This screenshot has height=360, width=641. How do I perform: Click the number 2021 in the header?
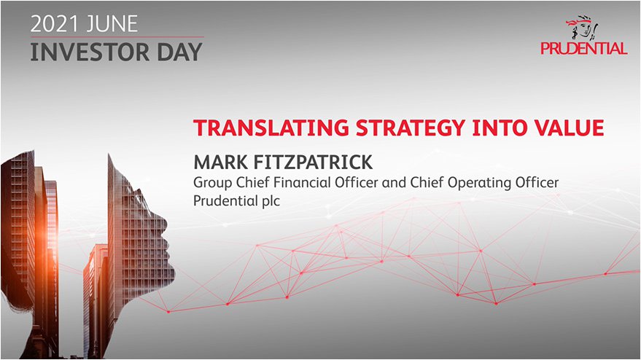(x=55, y=24)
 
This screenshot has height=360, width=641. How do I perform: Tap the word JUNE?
(x=112, y=24)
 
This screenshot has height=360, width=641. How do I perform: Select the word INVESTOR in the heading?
(x=90, y=52)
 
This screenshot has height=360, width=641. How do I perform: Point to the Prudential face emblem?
(x=582, y=28)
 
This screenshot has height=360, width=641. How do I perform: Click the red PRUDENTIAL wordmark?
(x=584, y=48)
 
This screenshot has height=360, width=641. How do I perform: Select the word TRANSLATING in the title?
(x=271, y=128)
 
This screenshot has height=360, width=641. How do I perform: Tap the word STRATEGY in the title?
(x=410, y=128)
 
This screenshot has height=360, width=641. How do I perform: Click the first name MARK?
(x=220, y=163)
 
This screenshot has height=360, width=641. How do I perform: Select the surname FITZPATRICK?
(x=313, y=163)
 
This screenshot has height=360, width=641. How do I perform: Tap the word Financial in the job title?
(x=302, y=182)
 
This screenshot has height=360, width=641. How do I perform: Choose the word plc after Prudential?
(x=270, y=201)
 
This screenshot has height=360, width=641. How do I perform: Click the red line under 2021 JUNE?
(x=117, y=37)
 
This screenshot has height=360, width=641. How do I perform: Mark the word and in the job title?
(x=394, y=182)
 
